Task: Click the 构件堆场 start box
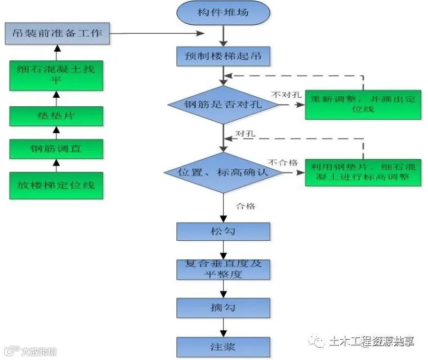(x=224, y=13)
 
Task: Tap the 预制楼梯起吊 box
(x=224, y=56)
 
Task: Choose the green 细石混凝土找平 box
(x=56, y=75)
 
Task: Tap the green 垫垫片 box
(x=56, y=116)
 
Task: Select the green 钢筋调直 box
(x=56, y=150)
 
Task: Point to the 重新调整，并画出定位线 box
(x=363, y=104)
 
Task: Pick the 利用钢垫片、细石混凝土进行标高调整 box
(x=363, y=172)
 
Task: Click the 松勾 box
(x=223, y=232)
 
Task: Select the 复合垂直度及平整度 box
(x=223, y=269)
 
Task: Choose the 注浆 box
(x=223, y=345)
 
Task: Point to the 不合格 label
(x=283, y=162)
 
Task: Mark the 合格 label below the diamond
(x=246, y=206)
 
